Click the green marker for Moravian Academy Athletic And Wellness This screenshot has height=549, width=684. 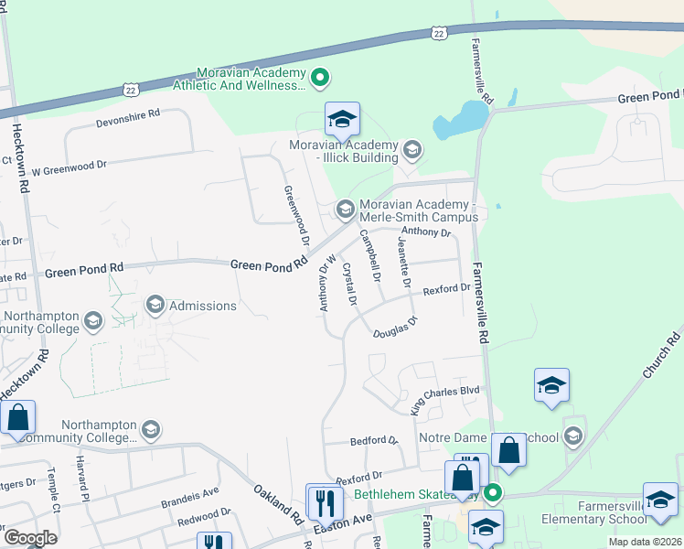pos(320,79)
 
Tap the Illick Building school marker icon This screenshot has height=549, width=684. pos(412,149)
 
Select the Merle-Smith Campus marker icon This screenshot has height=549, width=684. pos(345,210)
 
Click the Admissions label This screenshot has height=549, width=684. pos(202,306)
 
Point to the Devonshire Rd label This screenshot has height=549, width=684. pos(128,114)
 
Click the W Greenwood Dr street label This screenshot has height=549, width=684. pos(69,167)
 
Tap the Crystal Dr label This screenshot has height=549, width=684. pos(348,284)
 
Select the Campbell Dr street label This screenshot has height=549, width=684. pos(370,255)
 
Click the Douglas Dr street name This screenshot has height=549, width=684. pos(395,328)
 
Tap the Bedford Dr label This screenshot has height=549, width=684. pos(375,441)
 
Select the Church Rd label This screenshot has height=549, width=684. pos(662,357)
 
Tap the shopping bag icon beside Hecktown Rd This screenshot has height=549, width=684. pos(17,418)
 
